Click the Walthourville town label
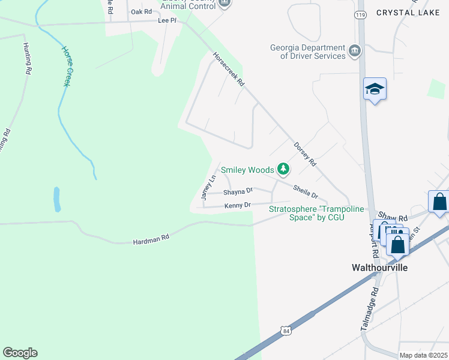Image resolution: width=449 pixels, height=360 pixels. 379,268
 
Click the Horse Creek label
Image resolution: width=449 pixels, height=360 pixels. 67,66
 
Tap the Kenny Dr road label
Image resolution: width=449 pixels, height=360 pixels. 237,206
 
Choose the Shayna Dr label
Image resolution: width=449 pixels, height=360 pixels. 238,192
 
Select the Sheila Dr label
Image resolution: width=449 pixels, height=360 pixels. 306,191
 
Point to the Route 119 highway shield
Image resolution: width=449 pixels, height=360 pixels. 360,14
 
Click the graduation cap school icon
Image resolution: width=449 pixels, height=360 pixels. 375,90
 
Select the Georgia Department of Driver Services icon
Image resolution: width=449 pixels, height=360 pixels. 355,50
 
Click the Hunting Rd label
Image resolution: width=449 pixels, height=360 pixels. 27,58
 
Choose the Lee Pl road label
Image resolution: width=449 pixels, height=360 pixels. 167,20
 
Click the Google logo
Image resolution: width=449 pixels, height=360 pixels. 20,353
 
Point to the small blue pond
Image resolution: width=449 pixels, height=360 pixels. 56,199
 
